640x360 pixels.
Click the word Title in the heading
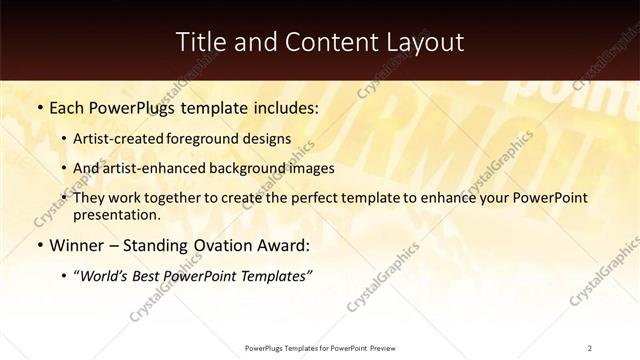click(202, 42)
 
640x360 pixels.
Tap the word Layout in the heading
click(424, 42)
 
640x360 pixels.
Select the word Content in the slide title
click(323, 42)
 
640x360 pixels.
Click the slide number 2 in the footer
click(590, 347)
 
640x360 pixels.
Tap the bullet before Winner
click(39, 245)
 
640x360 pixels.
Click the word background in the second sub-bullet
click(256, 168)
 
